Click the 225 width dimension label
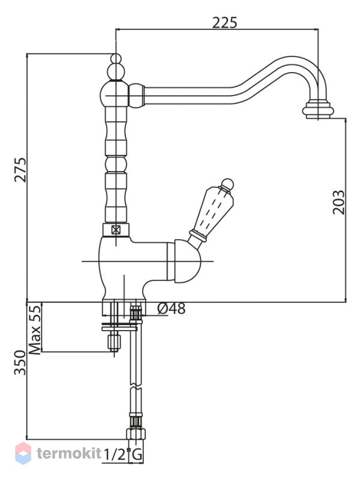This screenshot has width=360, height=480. pyautogui.click(x=224, y=22)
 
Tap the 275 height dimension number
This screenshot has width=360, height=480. pyautogui.click(x=20, y=170)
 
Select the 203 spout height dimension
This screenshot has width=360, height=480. pyautogui.click(x=338, y=202)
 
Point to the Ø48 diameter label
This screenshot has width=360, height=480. pyautogui.click(x=172, y=308)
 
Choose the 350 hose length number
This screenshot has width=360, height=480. pyautogui.click(x=20, y=363)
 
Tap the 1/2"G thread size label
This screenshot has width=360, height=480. pyautogui.click(x=123, y=455)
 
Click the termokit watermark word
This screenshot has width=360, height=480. pyautogui.click(x=69, y=453)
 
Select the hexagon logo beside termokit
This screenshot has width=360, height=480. pyautogui.click(x=23, y=453)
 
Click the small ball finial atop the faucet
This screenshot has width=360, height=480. pyautogui.click(x=116, y=58)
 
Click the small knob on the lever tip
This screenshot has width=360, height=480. pyautogui.click(x=227, y=184)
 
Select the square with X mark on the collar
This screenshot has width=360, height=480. pyautogui.click(x=116, y=230)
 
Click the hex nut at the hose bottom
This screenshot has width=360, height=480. pyautogui.click(x=136, y=434)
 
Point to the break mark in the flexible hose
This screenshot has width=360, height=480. pyautogui.click(x=136, y=387)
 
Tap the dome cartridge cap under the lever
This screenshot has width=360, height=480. pyautogui.click(x=187, y=261)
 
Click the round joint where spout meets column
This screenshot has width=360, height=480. pyautogui.click(x=136, y=96)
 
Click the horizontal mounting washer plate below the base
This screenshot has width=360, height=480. pyautogui.click(x=119, y=328)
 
